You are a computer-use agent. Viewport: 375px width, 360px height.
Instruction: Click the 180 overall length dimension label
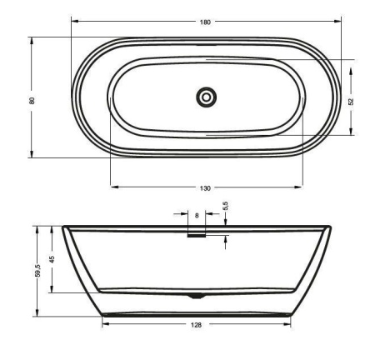click(x=205, y=22)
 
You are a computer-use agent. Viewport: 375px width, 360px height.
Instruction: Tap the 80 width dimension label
click(x=32, y=100)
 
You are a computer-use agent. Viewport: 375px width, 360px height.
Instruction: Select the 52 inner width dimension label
click(x=351, y=102)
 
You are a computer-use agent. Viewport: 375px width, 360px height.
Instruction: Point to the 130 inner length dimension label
click(x=205, y=188)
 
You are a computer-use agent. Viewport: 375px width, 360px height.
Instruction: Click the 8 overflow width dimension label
click(x=197, y=216)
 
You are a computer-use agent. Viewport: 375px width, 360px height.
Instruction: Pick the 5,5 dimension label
click(x=225, y=207)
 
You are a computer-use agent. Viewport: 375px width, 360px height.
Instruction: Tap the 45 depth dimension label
click(x=52, y=259)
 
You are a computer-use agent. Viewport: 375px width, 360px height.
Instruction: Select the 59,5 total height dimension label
click(x=38, y=270)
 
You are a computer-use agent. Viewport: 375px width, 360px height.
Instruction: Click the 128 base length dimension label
click(x=196, y=325)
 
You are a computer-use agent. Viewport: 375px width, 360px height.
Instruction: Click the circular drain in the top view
click(x=207, y=97)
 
